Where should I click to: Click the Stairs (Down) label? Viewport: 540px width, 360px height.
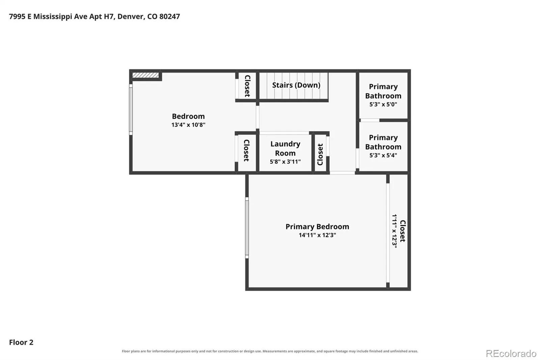[x=296, y=85]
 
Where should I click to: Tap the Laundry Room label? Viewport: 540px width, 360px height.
[x=285, y=148]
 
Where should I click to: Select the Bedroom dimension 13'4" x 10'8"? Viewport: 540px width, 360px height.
[x=188, y=125]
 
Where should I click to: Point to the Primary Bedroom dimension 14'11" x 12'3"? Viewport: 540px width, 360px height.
[x=317, y=235]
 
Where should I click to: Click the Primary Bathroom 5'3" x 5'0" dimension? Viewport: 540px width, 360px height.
[x=383, y=104]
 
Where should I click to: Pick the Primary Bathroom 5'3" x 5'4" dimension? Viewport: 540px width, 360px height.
[x=383, y=155]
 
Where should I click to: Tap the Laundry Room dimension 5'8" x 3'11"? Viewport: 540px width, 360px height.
[x=285, y=162]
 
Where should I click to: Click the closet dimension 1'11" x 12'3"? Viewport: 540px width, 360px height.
[x=395, y=231]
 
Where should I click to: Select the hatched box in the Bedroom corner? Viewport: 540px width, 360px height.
[x=145, y=75]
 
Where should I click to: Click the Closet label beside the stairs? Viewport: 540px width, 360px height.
[x=247, y=86]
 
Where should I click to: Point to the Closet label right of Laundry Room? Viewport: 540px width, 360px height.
[x=320, y=154]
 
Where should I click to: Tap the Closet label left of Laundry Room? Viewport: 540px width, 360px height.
[x=246, y=150]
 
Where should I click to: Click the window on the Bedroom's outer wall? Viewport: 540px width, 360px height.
[x=131, y=109]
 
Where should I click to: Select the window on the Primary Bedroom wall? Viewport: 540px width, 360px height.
[x=247, y=228]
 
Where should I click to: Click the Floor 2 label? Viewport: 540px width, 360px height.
[x=21, y=342]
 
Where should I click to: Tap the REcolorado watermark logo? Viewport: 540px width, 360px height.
[x=511, y=354]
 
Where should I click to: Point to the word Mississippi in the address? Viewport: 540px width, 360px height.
[x=53, y=17]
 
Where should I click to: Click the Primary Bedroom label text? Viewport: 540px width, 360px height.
[x=317, y=227]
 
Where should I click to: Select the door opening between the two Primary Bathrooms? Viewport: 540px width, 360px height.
[x=370, y=120]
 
